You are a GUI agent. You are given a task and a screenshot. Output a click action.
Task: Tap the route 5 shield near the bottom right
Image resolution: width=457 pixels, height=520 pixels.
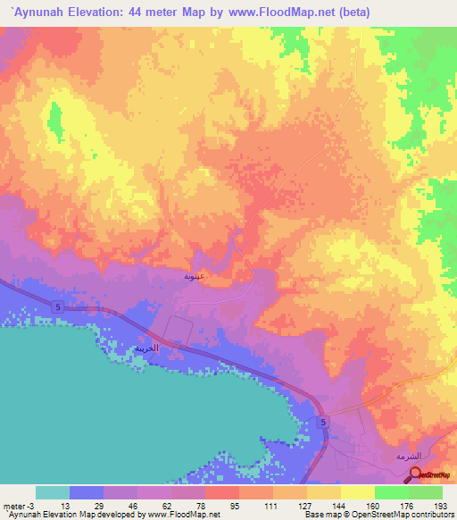pos(323,421)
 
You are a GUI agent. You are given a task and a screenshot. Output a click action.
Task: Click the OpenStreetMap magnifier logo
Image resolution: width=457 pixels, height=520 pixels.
pos(418,474)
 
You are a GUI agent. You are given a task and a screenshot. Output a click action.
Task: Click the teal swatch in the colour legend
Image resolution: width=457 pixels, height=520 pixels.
pos(53,492)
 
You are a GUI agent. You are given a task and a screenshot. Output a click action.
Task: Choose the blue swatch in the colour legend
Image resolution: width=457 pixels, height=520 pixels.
pos(87,492)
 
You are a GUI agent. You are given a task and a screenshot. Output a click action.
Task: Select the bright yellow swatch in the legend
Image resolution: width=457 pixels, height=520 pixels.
pos(358,492)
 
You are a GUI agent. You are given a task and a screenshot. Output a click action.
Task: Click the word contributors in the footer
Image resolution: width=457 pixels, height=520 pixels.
pos(433,515)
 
